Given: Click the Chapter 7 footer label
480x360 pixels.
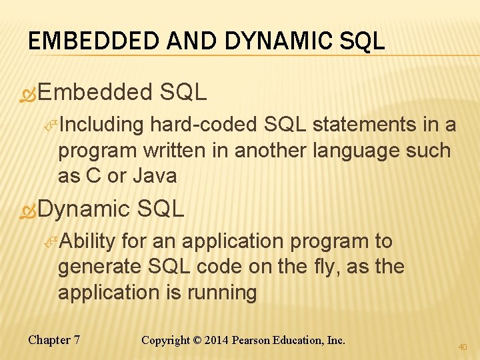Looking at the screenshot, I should point(54,340).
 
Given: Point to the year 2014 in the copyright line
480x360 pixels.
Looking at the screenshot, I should point(215,340).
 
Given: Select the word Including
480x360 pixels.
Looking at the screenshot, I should point(101,125).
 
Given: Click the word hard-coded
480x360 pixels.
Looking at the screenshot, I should point(205,125).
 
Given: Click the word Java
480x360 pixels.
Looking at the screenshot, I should point(155,176).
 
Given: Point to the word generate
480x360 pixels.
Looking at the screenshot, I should point(98,267).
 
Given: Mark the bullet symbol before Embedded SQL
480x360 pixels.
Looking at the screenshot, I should point(27,93).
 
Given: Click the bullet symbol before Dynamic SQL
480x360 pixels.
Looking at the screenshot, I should point(27,210).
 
